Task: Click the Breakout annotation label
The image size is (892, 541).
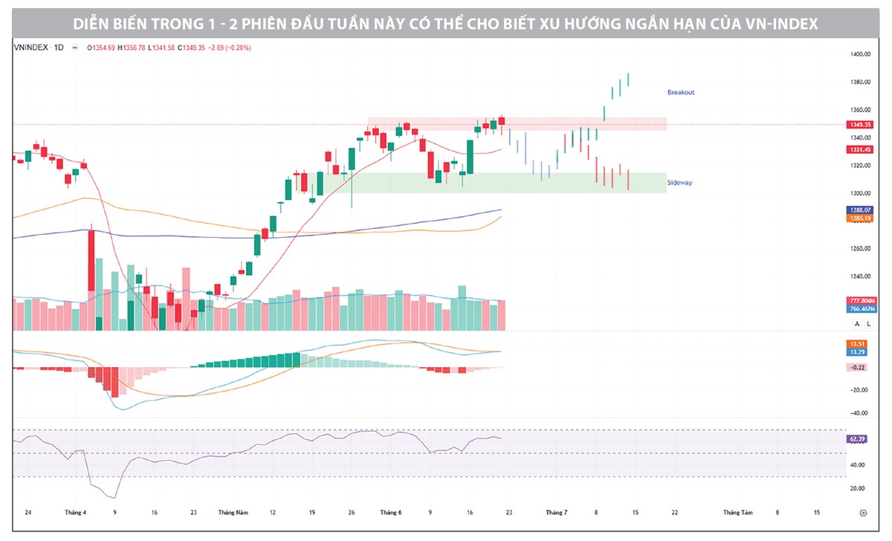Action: (680, 92)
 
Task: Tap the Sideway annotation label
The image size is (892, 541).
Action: (679, 182)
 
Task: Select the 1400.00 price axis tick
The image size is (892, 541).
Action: (860, 54)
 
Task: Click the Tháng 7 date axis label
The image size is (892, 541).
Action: (557, 513)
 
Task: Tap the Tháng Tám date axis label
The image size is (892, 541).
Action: (738, 513)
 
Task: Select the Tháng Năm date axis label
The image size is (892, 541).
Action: (233, 513)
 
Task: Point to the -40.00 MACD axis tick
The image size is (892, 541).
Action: (859, 413)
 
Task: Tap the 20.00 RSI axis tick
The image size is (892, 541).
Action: (859, 488)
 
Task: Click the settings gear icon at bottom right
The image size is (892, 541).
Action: (863, 513)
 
